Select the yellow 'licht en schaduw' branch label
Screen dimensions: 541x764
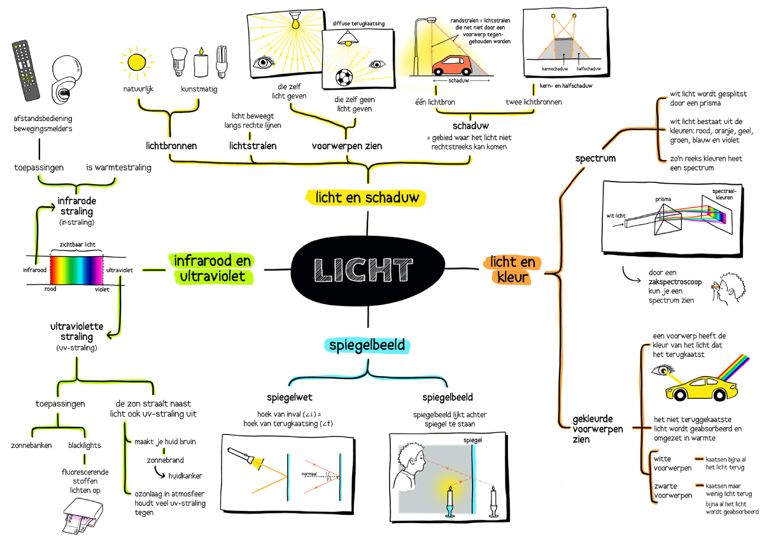pos(367,198)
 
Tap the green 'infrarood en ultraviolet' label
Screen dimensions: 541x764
pos(212,269)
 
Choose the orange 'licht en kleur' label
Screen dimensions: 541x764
pos(512,270)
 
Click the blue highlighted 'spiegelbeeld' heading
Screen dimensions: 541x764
pos(368,345)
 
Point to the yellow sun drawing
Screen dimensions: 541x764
pos(136,62)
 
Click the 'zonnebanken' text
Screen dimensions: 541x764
pos(32,445)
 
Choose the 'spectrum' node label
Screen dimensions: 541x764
pos(595,158)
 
